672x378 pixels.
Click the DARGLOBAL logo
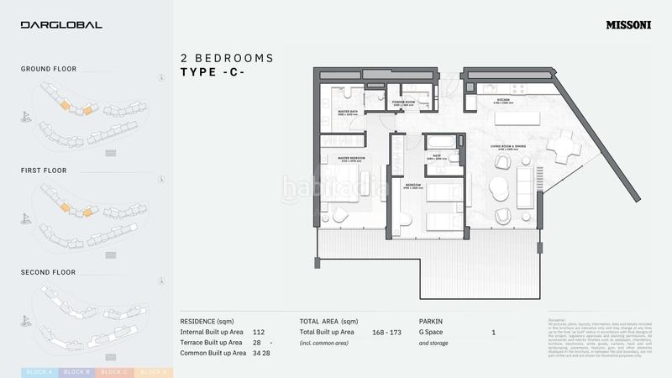pos(61,25)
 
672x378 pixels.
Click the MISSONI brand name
pos(628,25)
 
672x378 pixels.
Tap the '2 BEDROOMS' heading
pos(227,58)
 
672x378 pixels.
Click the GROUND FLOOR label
pos(49,69)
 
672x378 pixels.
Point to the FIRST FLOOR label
pos(44,171)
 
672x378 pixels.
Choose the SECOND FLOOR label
pos(48,272)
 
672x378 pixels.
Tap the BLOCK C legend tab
pos(114,372)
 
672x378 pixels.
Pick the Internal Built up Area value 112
pos(258,332)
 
